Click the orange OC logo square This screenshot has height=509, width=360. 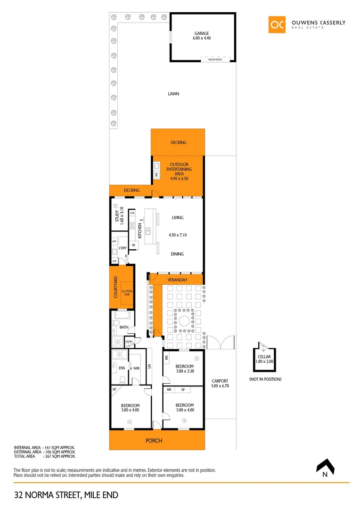[277, 25]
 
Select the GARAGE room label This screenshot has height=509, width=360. [202, 33]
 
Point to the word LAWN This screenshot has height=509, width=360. [173, 94]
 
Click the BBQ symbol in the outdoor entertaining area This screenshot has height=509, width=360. [156, 175]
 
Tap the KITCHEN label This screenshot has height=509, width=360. [140, 231]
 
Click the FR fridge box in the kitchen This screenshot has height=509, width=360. [134, 245]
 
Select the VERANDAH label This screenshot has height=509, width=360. [178, 280]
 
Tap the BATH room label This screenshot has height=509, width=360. [124, 327]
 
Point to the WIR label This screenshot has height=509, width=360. [136, 368]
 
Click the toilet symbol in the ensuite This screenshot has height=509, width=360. [123, 379]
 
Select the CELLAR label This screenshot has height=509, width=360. [264, 357]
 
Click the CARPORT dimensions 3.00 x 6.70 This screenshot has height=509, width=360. [220, 386]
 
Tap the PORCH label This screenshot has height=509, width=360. [154, 441]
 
